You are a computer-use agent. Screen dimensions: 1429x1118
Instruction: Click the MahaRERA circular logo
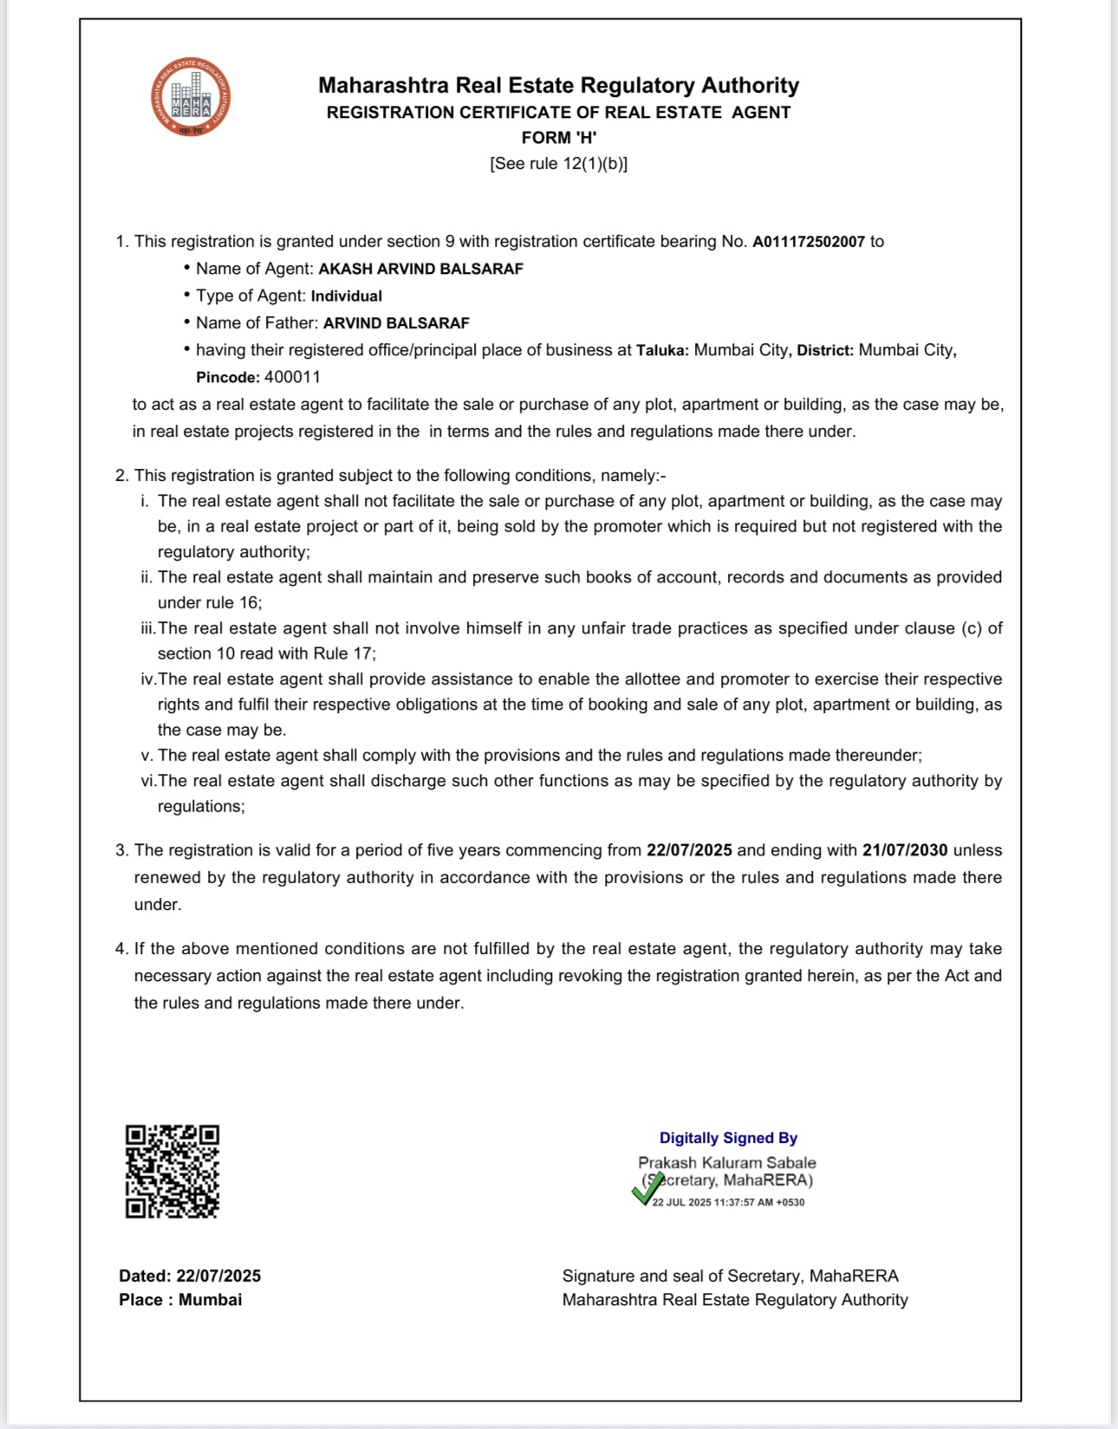[x=191, y=97]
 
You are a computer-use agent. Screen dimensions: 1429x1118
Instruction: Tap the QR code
[x=172, y=1172]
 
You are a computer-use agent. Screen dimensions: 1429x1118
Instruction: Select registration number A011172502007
[x=808, y=242]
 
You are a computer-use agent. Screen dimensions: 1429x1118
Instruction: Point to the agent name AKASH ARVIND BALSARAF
[x=420, y=269]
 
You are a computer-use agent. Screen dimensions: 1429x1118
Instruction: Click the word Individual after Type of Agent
[x=346, y=296]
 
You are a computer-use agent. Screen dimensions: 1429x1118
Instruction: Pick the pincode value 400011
[x=292, y=377]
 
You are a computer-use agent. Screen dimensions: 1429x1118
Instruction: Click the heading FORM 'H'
[x=558, y=138]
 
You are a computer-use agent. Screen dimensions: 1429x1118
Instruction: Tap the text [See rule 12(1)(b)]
[x=558, y=164]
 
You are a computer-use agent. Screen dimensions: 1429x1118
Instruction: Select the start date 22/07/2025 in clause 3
[x=689, y=850]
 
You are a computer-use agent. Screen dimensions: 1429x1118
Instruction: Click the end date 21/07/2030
[x=904, y=850]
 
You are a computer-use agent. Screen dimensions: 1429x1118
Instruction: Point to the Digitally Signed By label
[x=728, y=1138]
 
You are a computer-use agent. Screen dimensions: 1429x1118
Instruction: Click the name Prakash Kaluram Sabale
[x=726, y=1162]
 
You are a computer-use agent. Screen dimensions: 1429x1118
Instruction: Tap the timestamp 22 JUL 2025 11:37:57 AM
[x=728, y=1203]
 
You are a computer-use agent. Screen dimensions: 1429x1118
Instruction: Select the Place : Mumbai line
[x=180, y=1300]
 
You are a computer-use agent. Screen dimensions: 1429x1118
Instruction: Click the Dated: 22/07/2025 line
[x=190, y=1276]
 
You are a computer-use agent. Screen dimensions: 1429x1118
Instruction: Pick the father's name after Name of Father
[x=396, y=323]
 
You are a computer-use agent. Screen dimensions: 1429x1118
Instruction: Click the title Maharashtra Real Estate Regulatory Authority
[x=558, y=85]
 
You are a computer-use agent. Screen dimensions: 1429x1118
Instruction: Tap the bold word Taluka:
[x=662, y=350]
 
